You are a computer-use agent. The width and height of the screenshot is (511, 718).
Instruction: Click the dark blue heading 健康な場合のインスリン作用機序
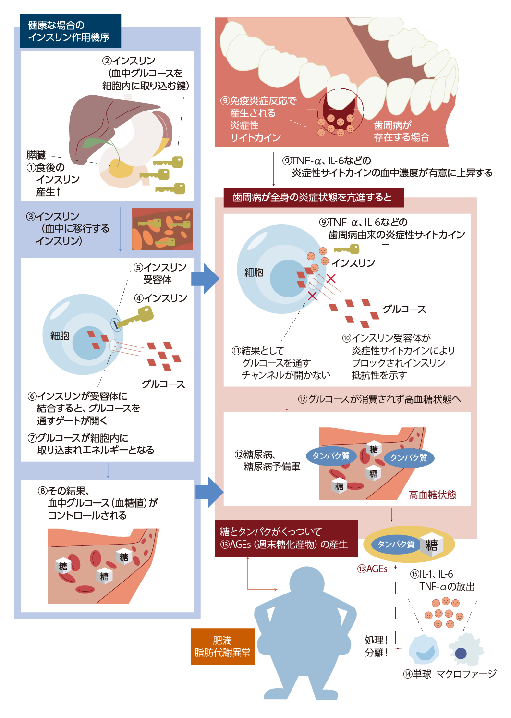coord(70,31)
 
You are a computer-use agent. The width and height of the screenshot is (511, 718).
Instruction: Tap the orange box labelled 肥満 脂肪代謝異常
coord(222,646)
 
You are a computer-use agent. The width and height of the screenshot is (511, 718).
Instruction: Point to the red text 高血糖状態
coord(432,495)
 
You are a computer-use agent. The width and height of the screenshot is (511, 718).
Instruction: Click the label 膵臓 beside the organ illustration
coord(36,155)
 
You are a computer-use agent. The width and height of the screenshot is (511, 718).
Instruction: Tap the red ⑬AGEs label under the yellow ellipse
coord(372,569)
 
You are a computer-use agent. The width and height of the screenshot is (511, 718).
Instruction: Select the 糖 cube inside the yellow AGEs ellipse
coord(431,545)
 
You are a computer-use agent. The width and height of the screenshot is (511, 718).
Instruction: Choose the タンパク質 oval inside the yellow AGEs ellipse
coord(396,545)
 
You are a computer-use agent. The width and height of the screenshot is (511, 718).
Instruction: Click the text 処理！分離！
coord(376,646)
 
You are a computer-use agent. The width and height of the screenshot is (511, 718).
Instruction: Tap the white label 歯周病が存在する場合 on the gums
coord(401,131)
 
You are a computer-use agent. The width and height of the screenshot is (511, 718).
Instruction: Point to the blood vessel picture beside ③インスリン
coord(162,229)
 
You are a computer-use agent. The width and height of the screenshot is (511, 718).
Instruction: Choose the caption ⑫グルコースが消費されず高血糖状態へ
coord(379,399)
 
